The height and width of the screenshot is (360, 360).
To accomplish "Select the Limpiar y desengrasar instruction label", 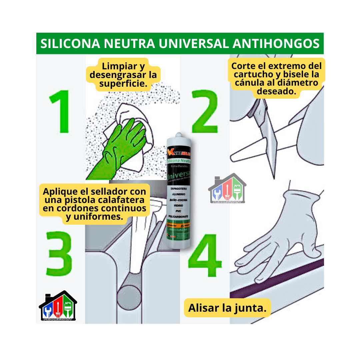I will (123, 75).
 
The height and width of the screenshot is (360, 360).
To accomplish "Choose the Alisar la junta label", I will (227, 308).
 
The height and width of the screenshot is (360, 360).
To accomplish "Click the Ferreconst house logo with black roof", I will (58, 306).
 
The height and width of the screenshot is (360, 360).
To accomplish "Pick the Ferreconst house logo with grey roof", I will (227, 188).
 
